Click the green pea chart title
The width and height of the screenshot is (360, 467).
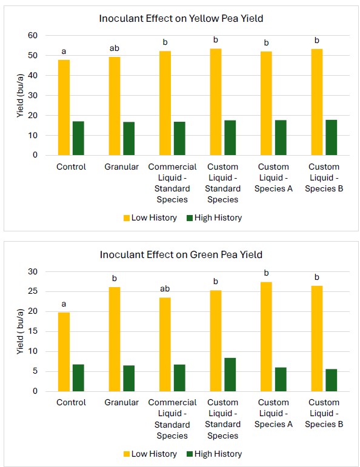point(181,254)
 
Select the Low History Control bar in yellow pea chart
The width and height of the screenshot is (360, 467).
point(64,107)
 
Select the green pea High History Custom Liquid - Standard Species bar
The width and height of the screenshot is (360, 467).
point(230,374)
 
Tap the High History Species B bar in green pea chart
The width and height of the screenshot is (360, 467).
point(331,380)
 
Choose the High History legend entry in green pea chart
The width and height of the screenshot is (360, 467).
point(213,454)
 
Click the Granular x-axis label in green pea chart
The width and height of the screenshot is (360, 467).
point(122,403)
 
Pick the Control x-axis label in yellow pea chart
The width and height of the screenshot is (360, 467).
point(71,167)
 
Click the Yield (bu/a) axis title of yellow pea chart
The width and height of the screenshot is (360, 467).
point(20,95)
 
